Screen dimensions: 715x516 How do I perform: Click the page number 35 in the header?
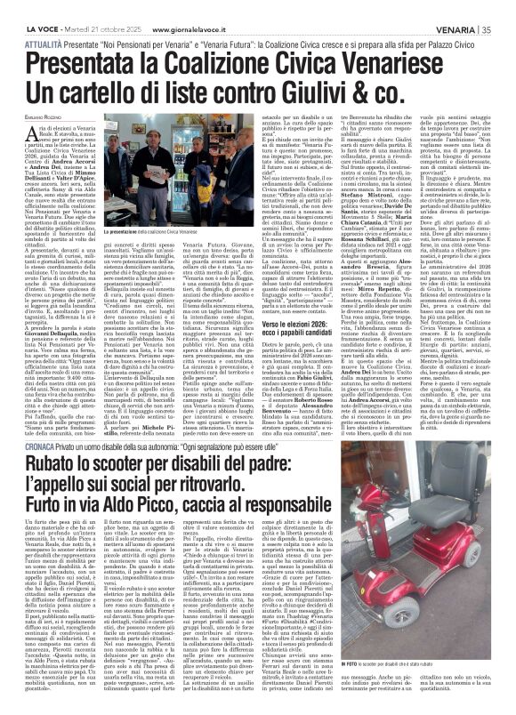point(503,10)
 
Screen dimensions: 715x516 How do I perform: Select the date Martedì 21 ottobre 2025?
point(86,10)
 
